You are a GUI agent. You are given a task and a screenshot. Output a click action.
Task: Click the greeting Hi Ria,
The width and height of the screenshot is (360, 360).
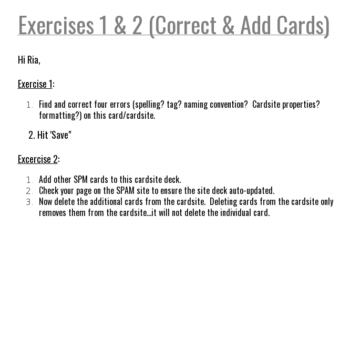pyautogui.click(x=29, y=59)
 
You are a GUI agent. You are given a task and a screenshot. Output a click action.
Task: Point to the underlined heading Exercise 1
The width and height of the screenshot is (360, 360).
pyautogui.click(x=35, y=84)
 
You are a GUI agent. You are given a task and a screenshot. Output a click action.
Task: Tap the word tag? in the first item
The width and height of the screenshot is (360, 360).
pyautogui.click(x=174, y=104)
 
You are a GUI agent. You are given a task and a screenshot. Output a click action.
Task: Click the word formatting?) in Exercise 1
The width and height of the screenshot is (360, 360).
pyautogui.click(x=60, y=115)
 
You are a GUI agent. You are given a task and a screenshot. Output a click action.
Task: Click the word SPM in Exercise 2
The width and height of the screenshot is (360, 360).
pyautogui.click(x=80, y=179)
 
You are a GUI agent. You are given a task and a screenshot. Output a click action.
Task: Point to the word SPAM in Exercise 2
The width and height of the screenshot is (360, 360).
pyautogui.click(x=125, y=190)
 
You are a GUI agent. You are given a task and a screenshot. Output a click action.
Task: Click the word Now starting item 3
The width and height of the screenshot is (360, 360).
pyautogui.click(x=46, y=201)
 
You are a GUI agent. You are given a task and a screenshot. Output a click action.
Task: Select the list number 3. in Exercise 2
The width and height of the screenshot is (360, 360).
pyautogui.click(x=29, y=202)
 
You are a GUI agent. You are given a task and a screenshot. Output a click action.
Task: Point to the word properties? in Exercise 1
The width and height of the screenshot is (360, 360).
pyautogui.click(x=301, y=104)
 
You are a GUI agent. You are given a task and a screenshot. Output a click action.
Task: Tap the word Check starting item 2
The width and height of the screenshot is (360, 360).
pyautogui.click(x=49, y=190)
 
